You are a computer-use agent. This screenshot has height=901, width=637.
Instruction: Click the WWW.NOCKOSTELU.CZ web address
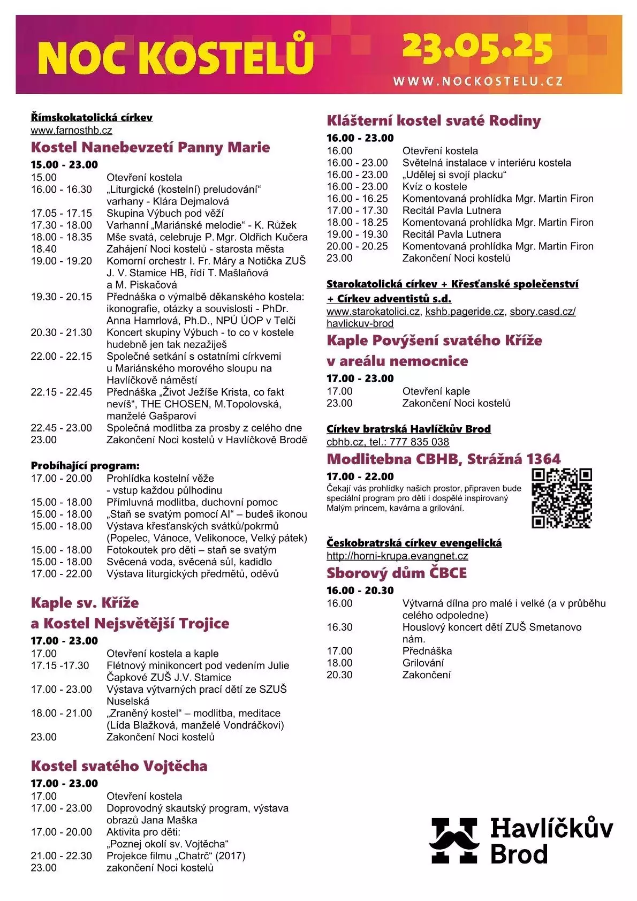click(478, 82)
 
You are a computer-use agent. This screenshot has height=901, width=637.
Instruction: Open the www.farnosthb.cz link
click(71, 130)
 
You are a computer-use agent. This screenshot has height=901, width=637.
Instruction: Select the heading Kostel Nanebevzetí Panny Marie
click(150, 147)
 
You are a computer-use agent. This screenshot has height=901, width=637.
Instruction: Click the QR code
click(562, 498)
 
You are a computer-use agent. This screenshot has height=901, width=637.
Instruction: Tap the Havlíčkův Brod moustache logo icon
click(454, 840)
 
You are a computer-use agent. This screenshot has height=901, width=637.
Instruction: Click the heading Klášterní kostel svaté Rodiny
click(434, 120)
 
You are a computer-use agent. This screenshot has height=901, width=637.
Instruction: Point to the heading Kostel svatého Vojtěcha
click(119, 766)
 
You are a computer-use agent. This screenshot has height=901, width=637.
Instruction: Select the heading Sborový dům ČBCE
click(397, 573)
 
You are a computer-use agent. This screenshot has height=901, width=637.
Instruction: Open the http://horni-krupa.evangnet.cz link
click(397, 556)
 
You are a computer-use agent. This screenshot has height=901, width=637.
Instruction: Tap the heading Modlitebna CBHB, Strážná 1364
click(443, 459)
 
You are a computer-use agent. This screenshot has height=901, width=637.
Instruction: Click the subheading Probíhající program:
click(85, 466)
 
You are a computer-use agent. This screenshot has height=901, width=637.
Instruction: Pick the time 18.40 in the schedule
click(43, 249)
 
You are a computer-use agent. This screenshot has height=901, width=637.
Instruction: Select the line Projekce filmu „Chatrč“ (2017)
click(176, 855)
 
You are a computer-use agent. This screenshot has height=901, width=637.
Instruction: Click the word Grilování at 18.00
click(423, 663)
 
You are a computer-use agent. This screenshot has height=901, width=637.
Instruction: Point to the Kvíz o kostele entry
click(435, 186)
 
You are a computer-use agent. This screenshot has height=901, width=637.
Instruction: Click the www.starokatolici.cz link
click(373, 312)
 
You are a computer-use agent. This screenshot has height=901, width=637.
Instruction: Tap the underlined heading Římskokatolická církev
click(92, 118)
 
